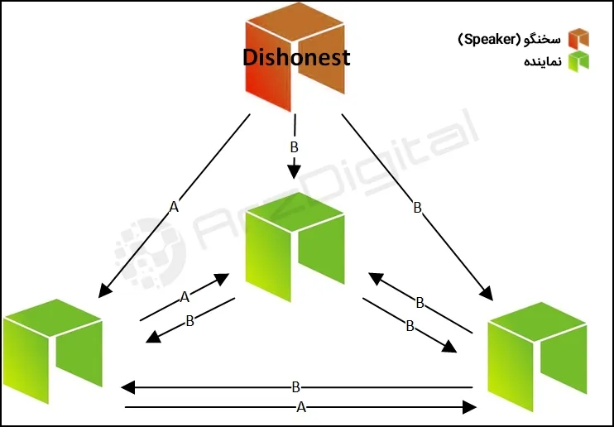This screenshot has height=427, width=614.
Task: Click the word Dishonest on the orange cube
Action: point(296,58)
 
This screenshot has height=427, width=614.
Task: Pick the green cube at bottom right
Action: point(537,352)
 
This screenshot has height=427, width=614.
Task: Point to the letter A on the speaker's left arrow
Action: point(173,208)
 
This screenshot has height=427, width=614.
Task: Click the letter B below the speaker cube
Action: point(294,147)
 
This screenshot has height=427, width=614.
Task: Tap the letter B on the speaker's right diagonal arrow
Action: point(417,209)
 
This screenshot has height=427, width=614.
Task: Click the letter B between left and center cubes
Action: point(189,321)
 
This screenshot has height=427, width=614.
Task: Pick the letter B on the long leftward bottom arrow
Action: point(295,386)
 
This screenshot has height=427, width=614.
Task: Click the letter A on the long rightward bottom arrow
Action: point(300,406)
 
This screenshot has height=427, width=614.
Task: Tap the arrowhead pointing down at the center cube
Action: point(294,171)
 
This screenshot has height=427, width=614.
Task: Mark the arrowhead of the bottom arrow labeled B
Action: point(127,386)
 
